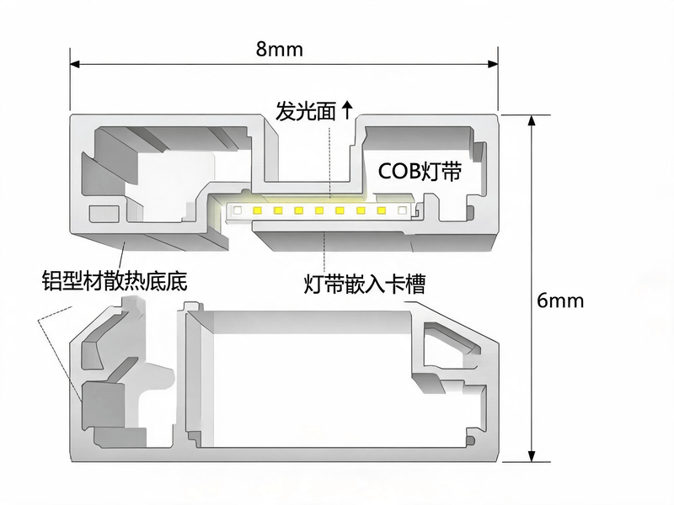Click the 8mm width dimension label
click(x=280, y=49)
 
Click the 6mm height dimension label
click(x=560, y=300)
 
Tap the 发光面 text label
click(x=305, y=112)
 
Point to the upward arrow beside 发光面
click(x=347, y=110)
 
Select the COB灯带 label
click(x=420, y=172)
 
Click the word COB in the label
click(x=399, y=172)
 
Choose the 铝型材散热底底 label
click(x=115, y=281)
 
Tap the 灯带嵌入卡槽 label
click(x=365, y=284)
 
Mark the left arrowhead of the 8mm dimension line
click(x=75, y=65)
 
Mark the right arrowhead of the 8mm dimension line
click(x=493, y=65)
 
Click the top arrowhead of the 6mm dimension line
click(x=532, y=120)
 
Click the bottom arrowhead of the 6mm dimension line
click(x=532, y=456)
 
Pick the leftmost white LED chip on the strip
click(x=237, y=210)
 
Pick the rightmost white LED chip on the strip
click(x=402, y=210)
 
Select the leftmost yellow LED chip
click(x=258, y=210)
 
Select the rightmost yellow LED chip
click(x=382, y=210)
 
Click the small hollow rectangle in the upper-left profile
click(x=104, y=214)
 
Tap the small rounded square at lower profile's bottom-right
click(x=471, y=440)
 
